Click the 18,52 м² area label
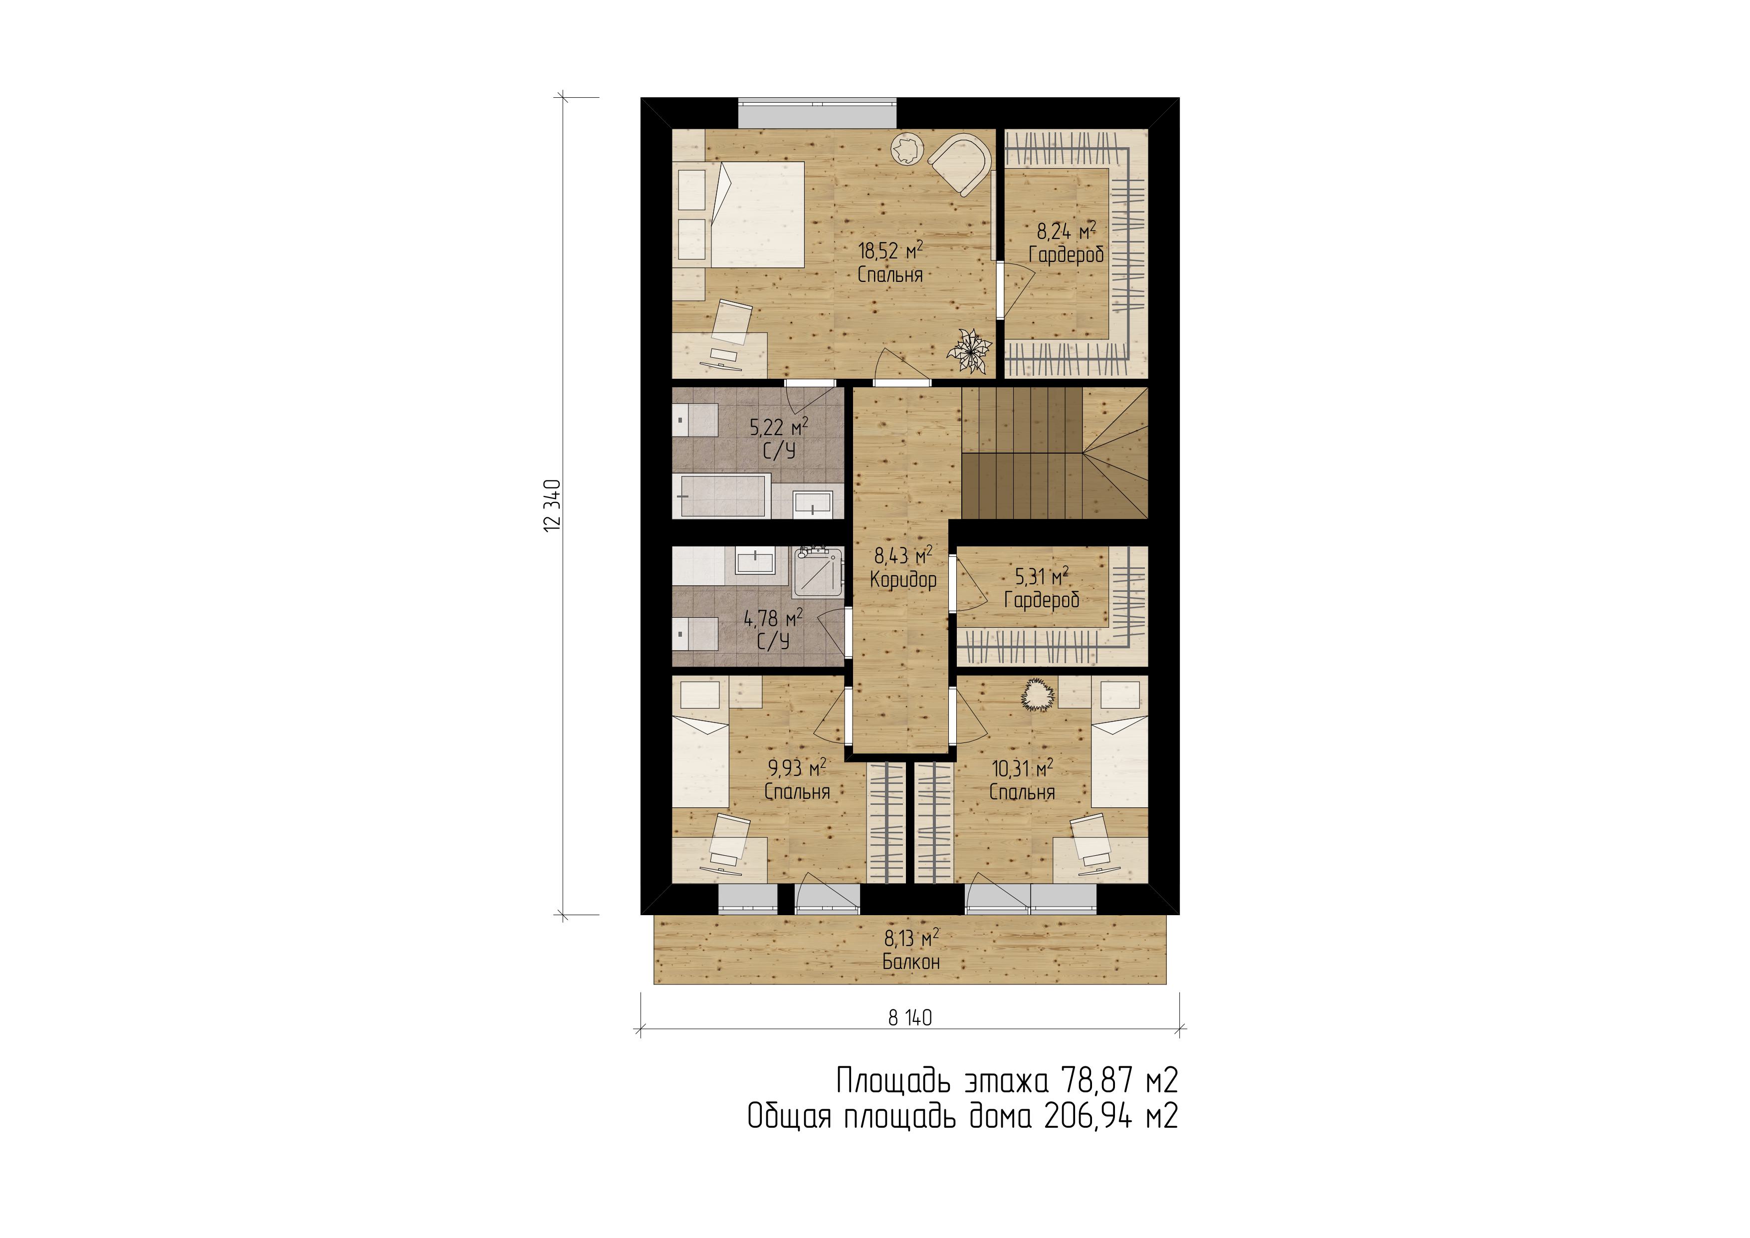pyautogui.click(x=890, y=249)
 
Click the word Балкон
pyautogui.click(x=911, y=962)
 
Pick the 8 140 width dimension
pyautogui.click(x=910, y=1017)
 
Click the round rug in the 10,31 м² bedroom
pyautogui.click(x=1037, y=695)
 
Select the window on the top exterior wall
pyautogui.click(x=817, y=113)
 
